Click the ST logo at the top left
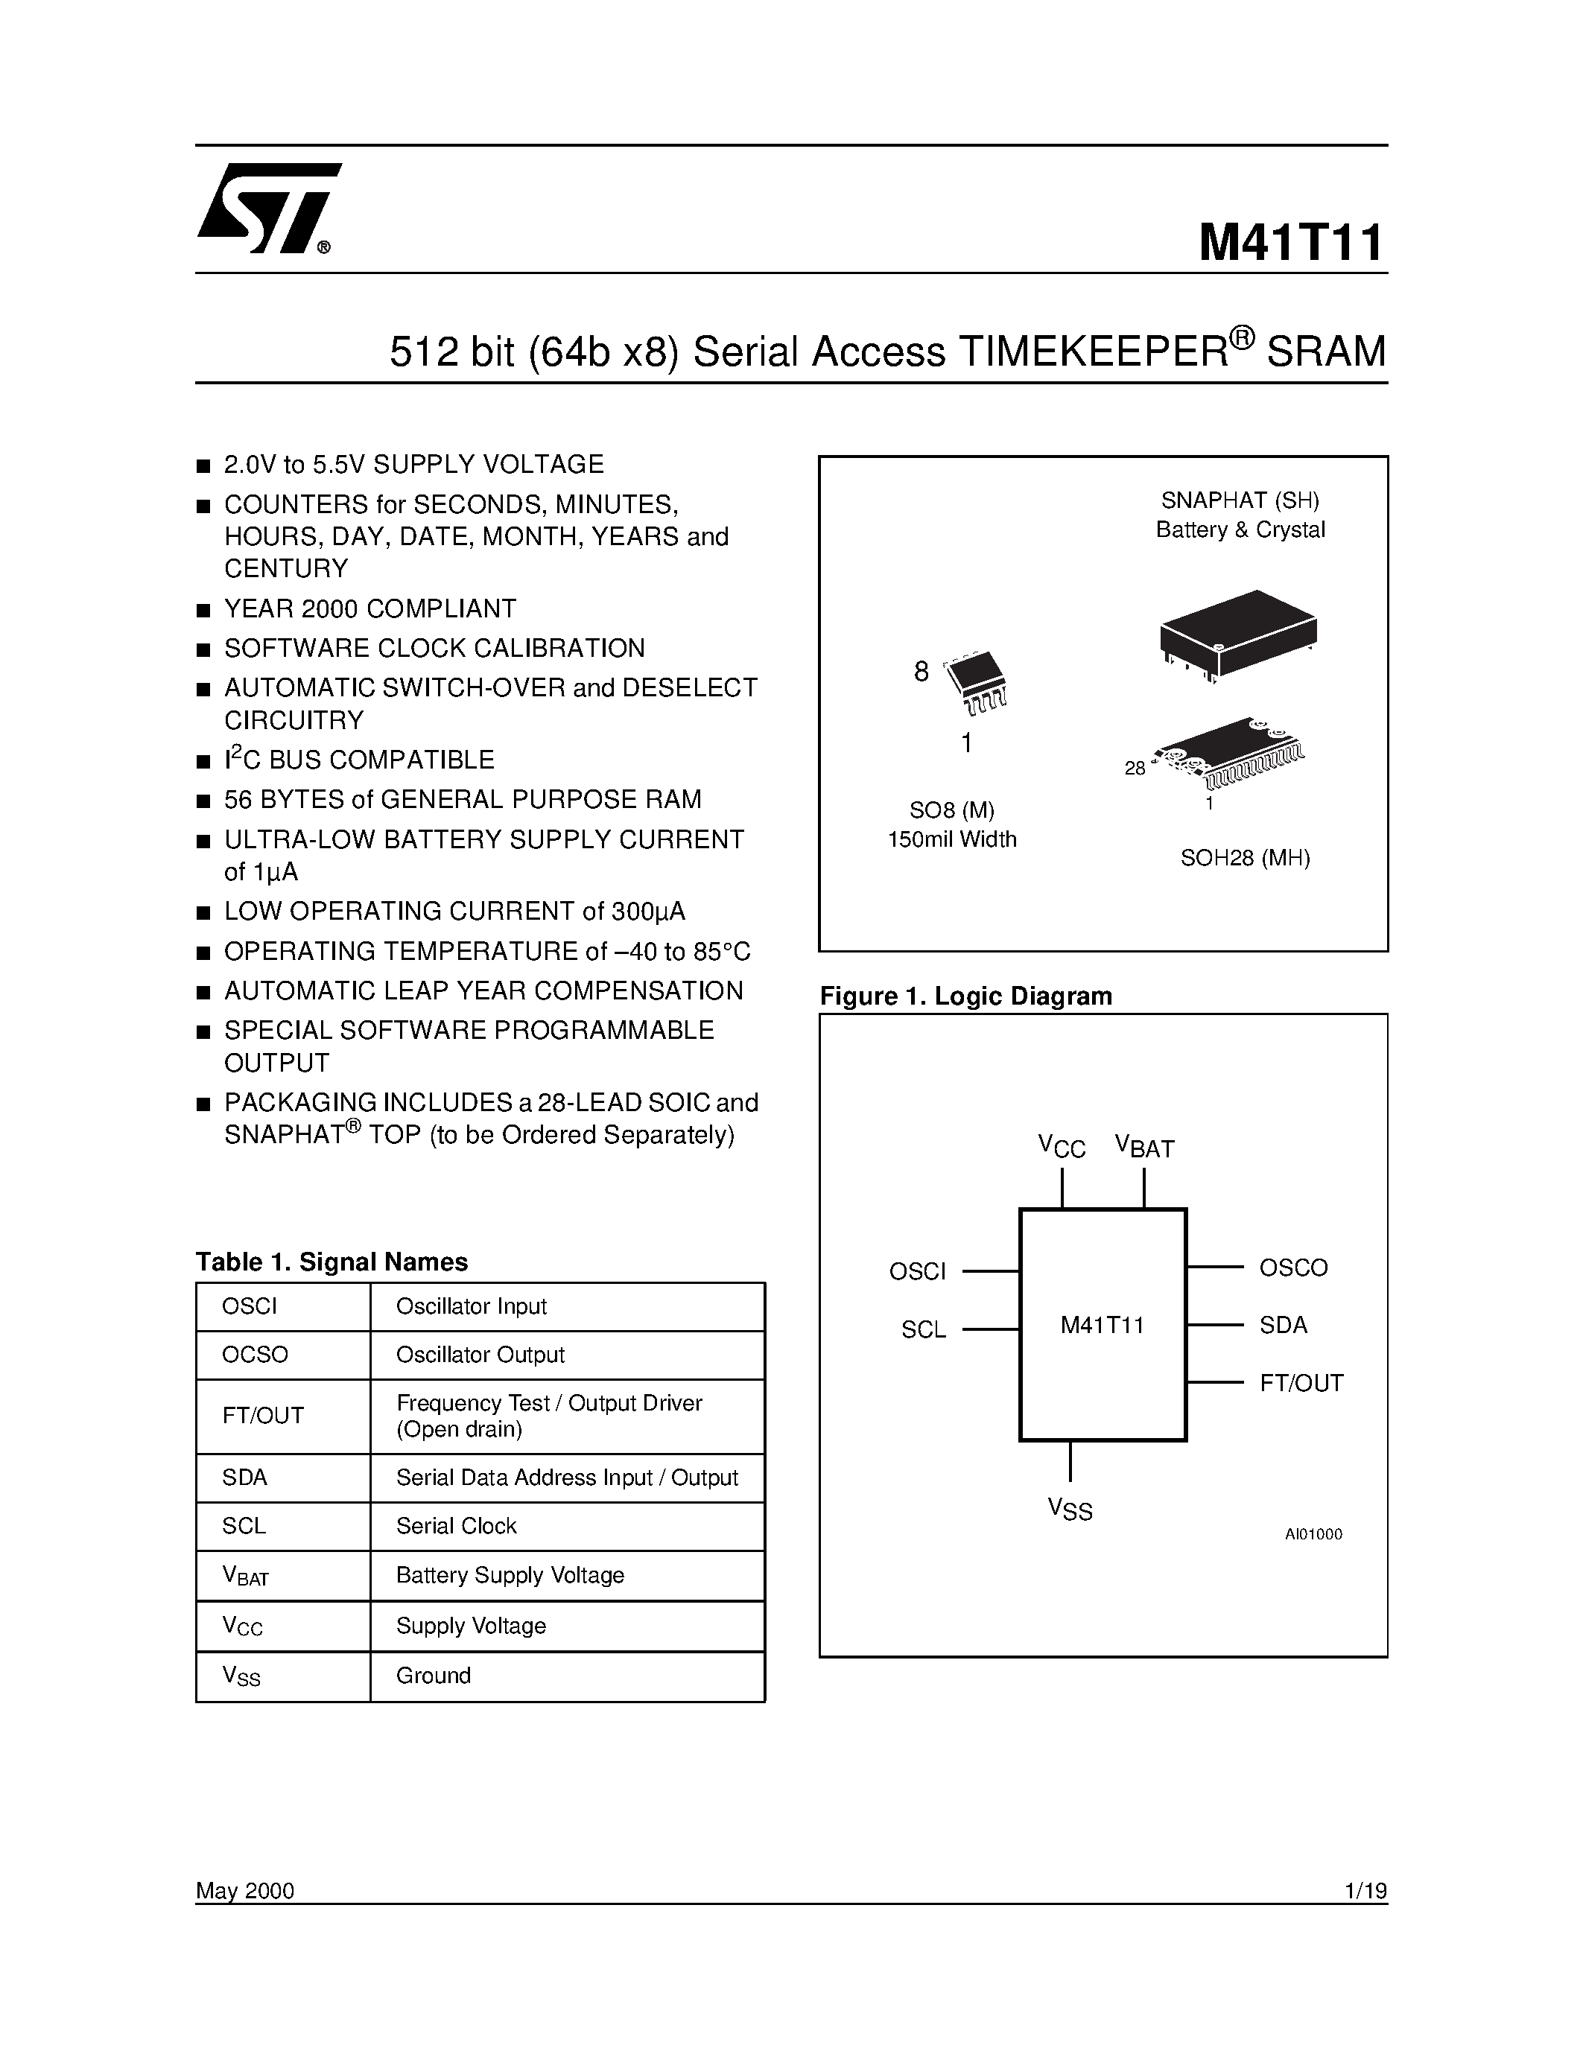267,209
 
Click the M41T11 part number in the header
1290,243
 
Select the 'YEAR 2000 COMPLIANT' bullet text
369,608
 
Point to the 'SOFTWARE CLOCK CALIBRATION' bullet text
434,648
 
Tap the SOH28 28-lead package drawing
1228,752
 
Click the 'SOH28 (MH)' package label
1245,857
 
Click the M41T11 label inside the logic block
1102,1325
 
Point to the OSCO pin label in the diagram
1293,1268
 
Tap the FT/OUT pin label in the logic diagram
1301,1383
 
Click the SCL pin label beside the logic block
923,1329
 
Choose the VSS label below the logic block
1070,1509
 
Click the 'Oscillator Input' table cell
471,1306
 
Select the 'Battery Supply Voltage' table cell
510,1575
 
